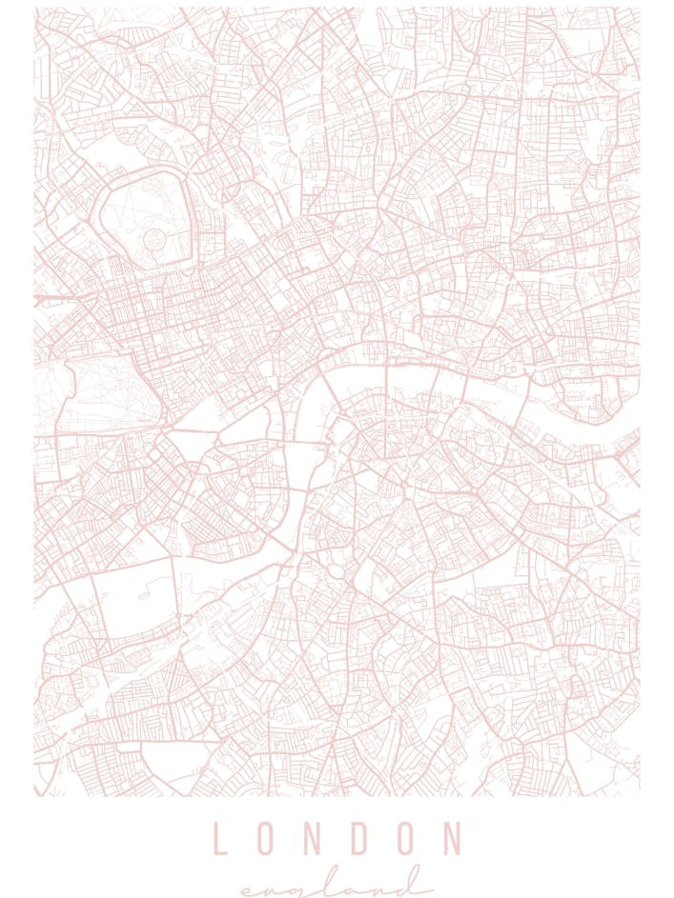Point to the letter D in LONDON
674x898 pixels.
[357, 839]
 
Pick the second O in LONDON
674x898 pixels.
[403, 839]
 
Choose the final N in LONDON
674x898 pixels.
[450, 839]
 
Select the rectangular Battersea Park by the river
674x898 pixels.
[135, 602]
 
